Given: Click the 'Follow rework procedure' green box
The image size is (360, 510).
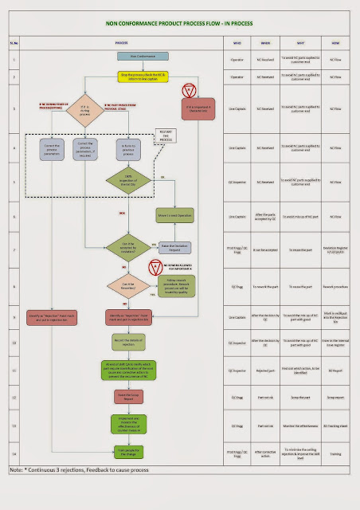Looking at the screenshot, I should tap(176, 286).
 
